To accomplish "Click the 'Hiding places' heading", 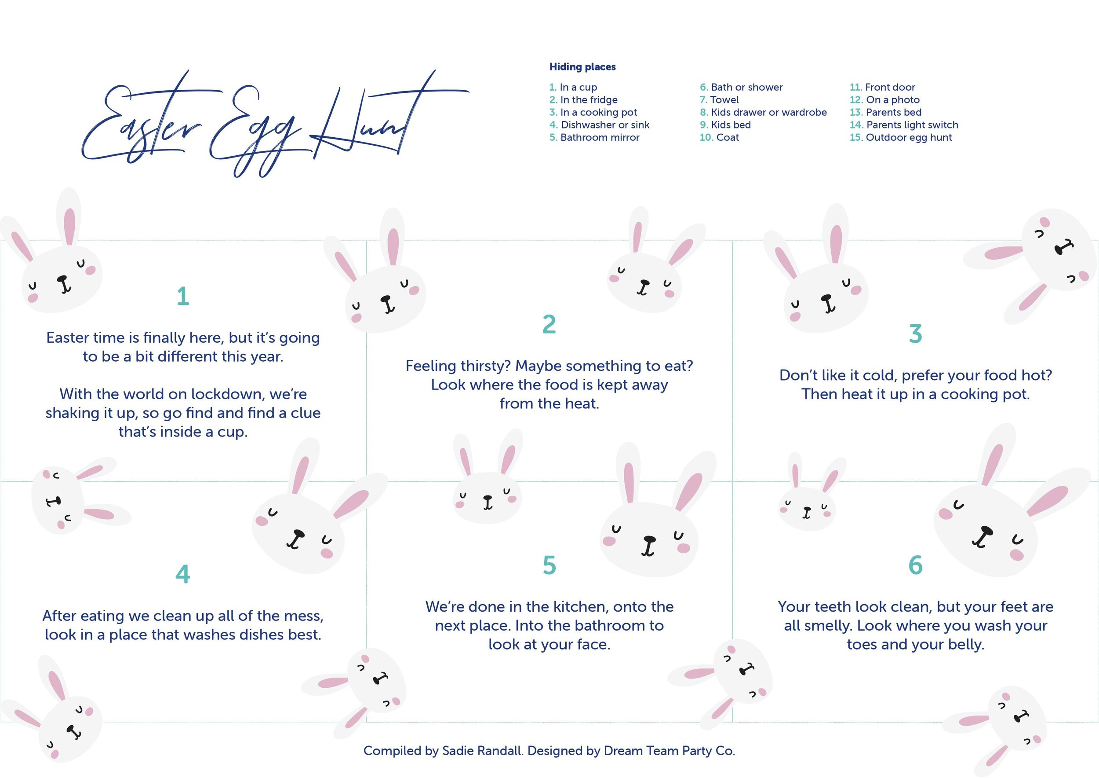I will [582, 67].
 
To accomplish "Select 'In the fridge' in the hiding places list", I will [588, 99].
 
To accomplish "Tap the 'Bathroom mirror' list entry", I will [599, 137].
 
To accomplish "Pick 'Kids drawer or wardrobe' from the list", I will [768, 112].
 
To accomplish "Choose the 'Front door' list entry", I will [889, 87].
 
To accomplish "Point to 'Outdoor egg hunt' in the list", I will [908, 137].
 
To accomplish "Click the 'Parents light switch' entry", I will [912, 125].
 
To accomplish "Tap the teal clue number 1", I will [183, 296].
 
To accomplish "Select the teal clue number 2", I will [549, 324].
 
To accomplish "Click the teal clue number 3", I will [915, 334].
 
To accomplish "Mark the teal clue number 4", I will [183, 574].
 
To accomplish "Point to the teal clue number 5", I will [549, 565].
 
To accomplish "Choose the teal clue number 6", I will [915, 565].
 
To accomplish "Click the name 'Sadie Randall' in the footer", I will [482, 751].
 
